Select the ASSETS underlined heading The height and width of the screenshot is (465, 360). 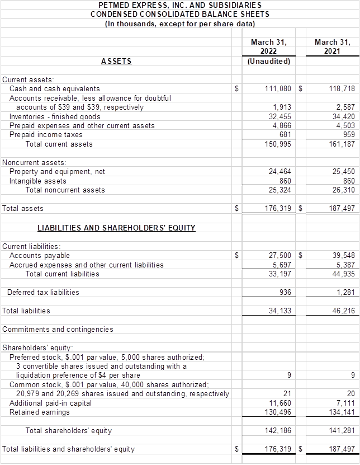116,61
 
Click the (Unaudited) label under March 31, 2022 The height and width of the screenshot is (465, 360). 268,61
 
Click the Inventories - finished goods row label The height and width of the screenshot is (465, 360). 55,116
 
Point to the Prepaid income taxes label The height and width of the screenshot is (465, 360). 46,135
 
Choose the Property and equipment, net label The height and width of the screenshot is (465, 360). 57,172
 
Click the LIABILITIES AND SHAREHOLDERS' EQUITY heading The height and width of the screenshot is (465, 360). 116,228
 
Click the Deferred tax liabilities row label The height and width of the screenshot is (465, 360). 43,292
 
